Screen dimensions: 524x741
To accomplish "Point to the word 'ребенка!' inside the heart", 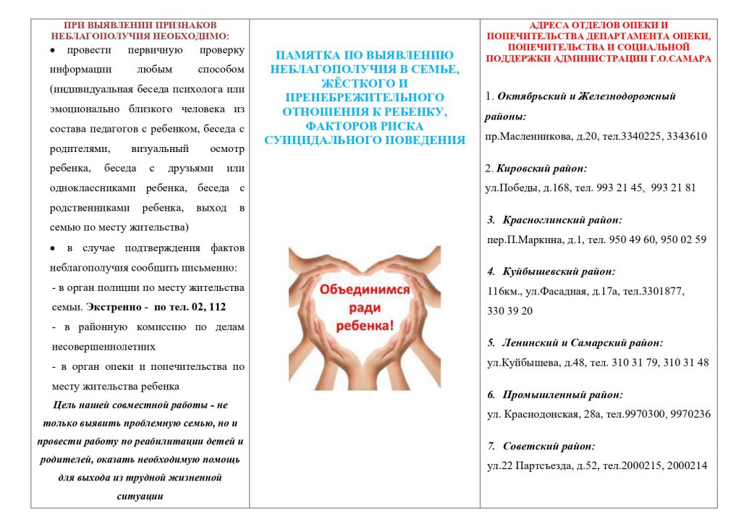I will [365, 326].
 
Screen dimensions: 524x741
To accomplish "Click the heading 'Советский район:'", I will [549, 446].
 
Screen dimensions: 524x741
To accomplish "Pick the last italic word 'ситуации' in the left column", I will [140, 496].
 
